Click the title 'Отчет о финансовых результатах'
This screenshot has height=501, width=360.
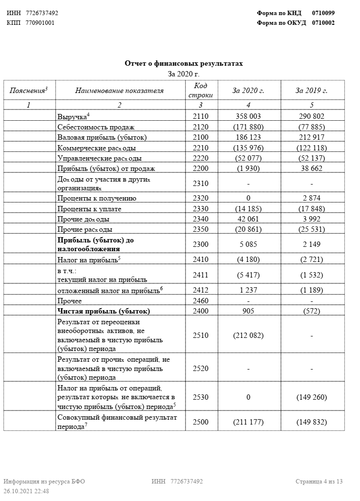point(183,64)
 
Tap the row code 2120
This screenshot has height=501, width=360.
point(200,127)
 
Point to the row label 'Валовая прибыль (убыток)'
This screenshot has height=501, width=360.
point(102,137)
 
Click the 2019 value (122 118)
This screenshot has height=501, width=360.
point(311,148)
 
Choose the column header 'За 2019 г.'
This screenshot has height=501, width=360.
point(311,91)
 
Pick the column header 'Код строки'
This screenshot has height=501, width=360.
point(200,91)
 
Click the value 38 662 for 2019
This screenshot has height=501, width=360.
point(311,168)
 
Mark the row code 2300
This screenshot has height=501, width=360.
point(200,244)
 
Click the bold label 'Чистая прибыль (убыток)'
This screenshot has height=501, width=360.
point(103,311)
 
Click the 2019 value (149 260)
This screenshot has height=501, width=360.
point(311,397)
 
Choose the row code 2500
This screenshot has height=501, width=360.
point(200,422)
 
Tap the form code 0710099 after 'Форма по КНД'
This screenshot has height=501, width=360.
point(323,13)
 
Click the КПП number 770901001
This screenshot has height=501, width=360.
point(40,22)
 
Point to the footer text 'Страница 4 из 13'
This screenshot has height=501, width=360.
point(319,482)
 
